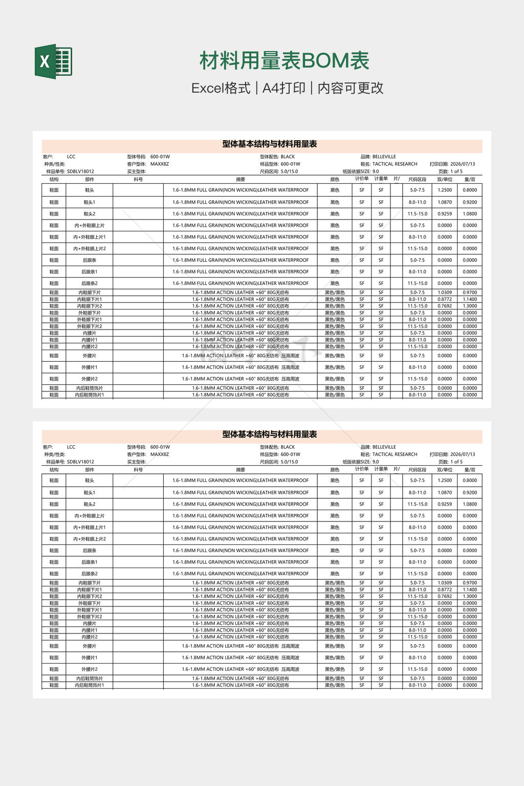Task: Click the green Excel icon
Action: pos(53,61)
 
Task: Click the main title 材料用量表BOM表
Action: pos(284,61)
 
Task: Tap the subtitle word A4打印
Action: pos(284,88)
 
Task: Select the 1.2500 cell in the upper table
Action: pos(445,190)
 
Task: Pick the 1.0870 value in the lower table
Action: pos(445,493)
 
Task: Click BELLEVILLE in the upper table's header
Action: pos(384,157)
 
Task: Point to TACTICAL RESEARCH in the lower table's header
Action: pos(395,454)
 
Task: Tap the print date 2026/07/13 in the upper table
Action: pos(463,164)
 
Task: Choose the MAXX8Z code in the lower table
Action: pos(160,454)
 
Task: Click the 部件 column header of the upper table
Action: pos(90,180)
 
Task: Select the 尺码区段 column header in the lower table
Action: pos(417,470)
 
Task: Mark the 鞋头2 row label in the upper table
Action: pos(90,214)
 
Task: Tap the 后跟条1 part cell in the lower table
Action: pos(90,562)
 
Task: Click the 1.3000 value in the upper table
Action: pos(470,306)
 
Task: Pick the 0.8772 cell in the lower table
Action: pos(445,589)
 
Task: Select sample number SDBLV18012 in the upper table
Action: pos(80,171)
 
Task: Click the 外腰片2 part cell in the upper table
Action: pos(90,379)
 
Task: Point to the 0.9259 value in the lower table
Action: pos(445,504)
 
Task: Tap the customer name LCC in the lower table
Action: pos(71,447)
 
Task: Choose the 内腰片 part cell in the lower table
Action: pos(90,624)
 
